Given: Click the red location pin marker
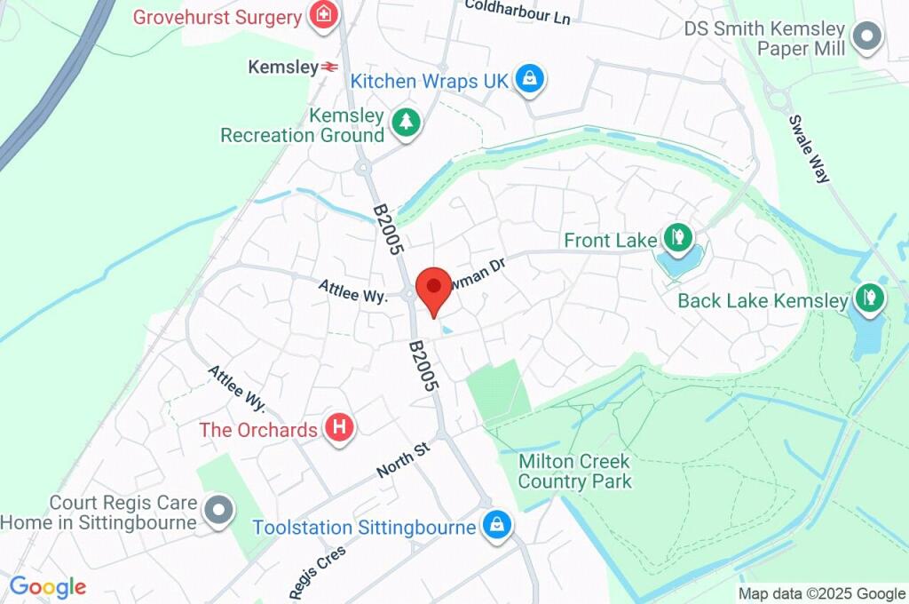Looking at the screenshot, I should [433, 287].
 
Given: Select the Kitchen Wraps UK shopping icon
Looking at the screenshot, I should [530, 80].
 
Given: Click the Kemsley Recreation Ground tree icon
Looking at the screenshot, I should [406, 123].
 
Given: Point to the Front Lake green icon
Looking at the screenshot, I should [676, 238].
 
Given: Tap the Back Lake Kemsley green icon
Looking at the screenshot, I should [869, 298].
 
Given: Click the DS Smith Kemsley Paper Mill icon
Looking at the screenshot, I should [866, 37].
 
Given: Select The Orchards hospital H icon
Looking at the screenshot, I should [338, 429].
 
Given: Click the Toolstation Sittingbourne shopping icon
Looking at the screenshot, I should [495, 525].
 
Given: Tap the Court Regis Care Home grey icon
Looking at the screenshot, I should [218, 511].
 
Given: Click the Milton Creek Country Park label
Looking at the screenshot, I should [574, 472].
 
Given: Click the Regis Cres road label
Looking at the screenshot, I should [317, 569].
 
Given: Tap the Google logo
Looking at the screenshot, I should [48, 586].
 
